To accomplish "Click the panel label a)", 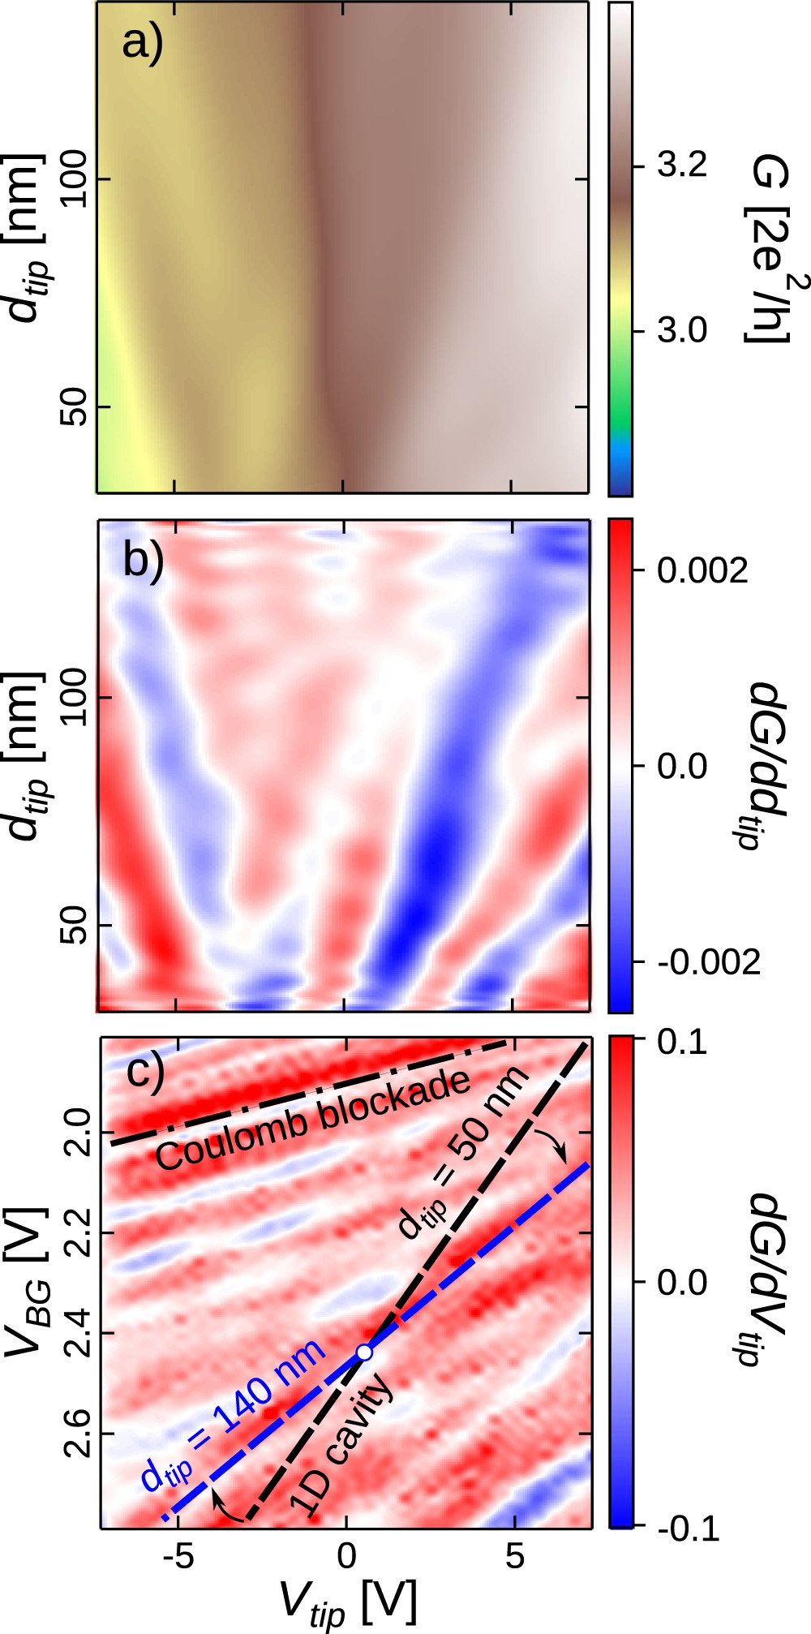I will [x=143, y=43].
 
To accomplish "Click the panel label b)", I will [x=144, y=560].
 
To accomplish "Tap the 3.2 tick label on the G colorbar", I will [x=682, y=166].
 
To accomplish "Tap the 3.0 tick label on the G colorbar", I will [x=682, y=331].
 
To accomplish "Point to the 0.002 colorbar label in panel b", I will [x=702, y=571].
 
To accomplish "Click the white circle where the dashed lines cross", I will [x=365, y=1352].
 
